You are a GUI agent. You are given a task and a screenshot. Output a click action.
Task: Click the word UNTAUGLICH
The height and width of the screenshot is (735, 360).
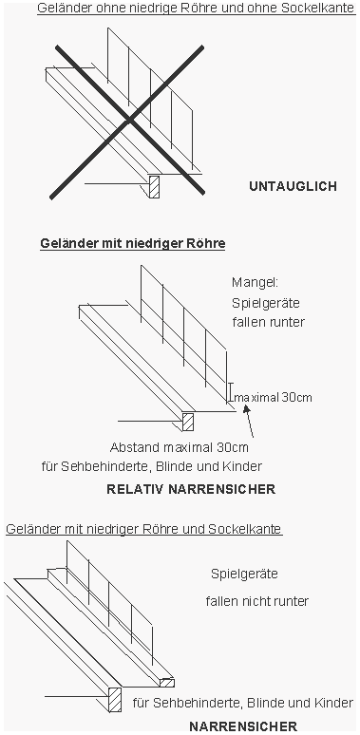coord(293,187)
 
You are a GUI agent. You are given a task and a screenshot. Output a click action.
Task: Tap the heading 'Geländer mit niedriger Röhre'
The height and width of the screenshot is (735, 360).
coord(132,243)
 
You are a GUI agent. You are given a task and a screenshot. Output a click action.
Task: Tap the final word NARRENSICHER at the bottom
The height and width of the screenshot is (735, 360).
coord(242,726)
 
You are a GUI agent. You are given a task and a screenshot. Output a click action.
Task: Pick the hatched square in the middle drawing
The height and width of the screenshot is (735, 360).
coord(188,421)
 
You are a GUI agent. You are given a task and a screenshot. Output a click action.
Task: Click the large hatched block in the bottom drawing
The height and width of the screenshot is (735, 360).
coord(115,700)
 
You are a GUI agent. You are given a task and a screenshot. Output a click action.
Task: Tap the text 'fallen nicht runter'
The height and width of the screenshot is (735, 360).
coord(256,601)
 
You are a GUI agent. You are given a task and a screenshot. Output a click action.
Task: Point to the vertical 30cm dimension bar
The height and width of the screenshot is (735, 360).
coord(229,390)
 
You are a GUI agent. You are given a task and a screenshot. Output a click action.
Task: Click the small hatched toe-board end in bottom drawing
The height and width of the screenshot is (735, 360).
coord(166,682)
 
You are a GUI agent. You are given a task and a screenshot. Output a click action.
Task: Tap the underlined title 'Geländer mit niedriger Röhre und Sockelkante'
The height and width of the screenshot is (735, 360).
coord(143,528)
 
